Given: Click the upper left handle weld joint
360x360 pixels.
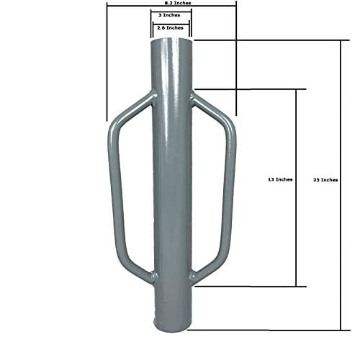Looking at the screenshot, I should coord(150,95).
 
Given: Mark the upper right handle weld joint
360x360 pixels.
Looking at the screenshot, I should coord(193,95).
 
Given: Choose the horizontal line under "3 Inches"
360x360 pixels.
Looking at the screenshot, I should coord(171,19).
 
